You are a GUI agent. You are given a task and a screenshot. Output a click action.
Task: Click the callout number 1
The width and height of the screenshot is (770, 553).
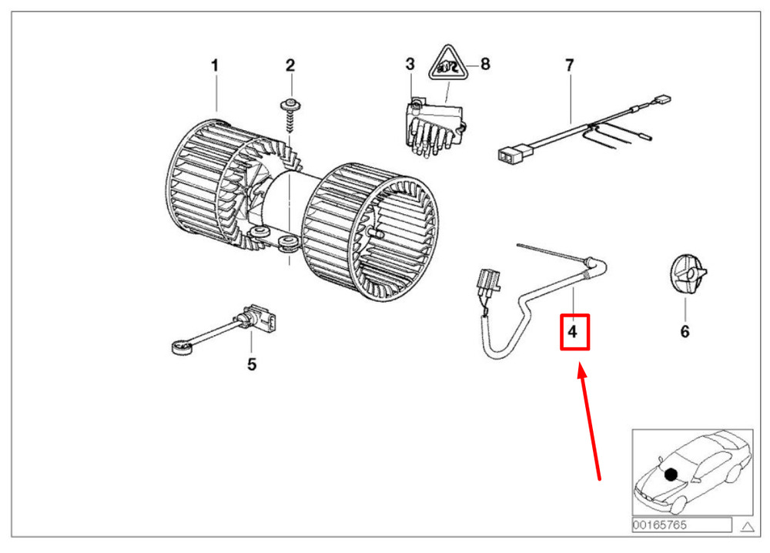215,65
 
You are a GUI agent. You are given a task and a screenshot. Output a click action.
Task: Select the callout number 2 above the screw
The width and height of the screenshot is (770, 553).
290,65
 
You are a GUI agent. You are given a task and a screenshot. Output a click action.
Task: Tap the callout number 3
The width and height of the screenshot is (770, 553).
410,64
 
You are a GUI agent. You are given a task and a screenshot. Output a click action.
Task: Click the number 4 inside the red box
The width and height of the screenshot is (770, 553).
573,331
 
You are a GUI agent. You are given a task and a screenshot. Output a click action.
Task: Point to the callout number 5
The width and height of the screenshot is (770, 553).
252,364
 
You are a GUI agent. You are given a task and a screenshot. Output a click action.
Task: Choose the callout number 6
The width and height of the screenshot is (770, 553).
685,331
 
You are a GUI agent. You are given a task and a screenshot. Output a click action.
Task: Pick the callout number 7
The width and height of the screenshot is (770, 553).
569,65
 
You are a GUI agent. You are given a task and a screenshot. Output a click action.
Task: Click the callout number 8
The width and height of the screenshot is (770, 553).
485,64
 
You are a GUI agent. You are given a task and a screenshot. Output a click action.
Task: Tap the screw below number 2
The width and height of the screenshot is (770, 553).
290,116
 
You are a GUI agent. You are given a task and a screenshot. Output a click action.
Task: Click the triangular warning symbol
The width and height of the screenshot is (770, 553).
447,65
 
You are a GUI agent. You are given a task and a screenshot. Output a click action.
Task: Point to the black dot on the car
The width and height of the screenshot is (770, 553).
671,474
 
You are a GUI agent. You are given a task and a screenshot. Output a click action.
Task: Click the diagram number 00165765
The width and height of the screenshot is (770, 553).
660,525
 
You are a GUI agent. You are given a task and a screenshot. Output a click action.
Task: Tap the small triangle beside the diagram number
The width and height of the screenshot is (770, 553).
747,527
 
